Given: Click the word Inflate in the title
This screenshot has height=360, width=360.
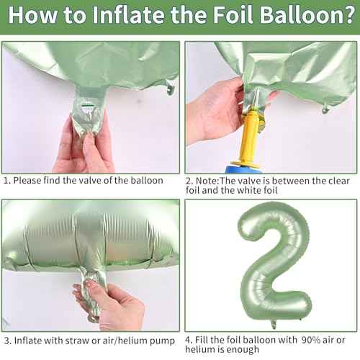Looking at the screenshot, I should [120, 17].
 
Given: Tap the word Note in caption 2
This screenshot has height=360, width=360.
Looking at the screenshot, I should [212, 181].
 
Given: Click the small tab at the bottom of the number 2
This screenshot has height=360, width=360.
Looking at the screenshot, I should [273, 323].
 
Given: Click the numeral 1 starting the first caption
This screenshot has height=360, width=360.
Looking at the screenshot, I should [6, 181].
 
